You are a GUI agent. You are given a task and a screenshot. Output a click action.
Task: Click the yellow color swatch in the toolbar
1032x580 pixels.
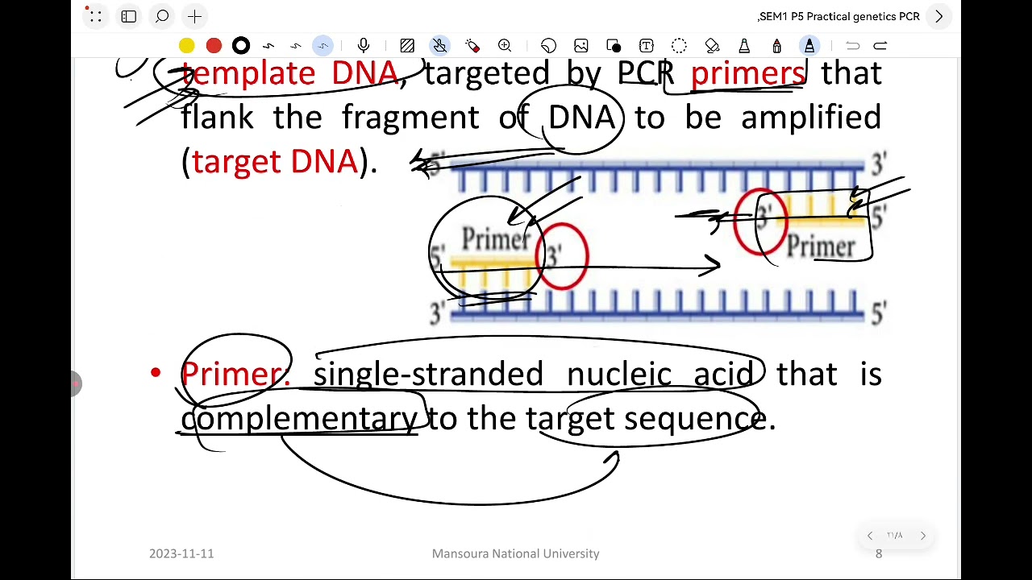pyautogui.click(x=186, y=46)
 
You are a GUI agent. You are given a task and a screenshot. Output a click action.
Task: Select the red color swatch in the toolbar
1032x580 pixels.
pyautogui.click(x=214, y=46)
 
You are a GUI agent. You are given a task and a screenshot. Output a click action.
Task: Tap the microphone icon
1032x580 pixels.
pyautogui.click(x=364, y=46)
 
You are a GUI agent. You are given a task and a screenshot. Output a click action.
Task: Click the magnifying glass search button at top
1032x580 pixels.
pyautogui.click(x=162, y=16)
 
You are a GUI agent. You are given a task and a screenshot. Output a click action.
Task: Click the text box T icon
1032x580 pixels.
pyautogui.click(x=646, y=46)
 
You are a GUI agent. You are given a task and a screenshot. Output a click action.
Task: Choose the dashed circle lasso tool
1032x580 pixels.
pyautogui.click(x=679, y=46)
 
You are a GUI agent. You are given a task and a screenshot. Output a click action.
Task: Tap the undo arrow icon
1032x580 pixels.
pyautogui.click(x=852, y=46)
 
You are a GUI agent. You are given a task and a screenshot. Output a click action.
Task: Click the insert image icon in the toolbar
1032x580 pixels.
pyautogui.click(x=581, y=46)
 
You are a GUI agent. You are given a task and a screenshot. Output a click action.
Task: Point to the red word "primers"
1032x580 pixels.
pyautogui.click(x=747, y=73)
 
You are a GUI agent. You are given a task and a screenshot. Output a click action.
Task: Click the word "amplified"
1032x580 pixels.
pyautogui.click(x=810, y=118)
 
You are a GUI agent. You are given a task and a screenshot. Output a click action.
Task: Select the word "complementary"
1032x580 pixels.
pyautogui.click(x=299, y=418)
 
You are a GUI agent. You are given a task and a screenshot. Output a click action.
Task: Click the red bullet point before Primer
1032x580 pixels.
pyautogui.click(x=156, y=373)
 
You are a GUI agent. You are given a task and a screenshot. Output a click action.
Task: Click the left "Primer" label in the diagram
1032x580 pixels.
pyautogui.click(x=496, y=239)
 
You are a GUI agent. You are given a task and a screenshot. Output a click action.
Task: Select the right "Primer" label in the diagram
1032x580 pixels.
pyautogui.click(x=820, y=246)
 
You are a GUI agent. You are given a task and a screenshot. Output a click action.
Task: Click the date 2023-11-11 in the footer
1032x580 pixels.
pyautogui.click(x=181, y=553)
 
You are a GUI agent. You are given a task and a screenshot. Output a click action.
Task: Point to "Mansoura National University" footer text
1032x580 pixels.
pyautogui.click(x=515, y=553)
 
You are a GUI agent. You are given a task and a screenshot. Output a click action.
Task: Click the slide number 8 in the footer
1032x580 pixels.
pyautogui.click(x=879, y=553)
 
